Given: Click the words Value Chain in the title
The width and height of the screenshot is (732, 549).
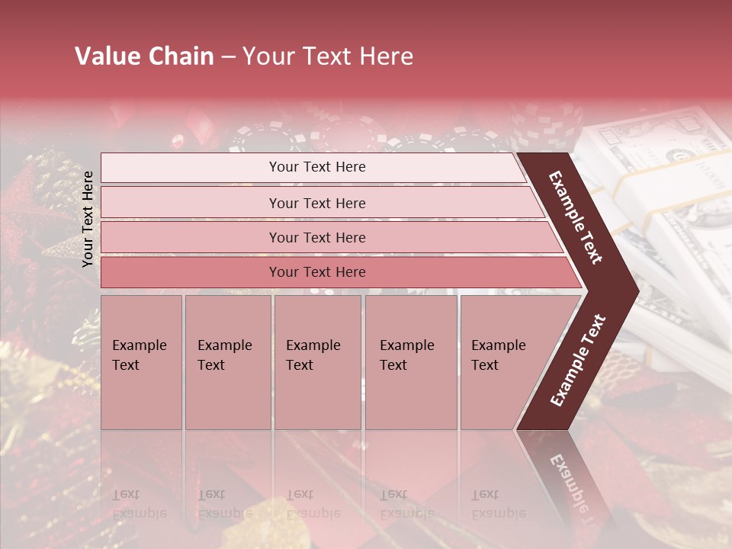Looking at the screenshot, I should (144, 56).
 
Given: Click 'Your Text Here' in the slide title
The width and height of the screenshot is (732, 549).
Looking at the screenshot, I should (328, 56).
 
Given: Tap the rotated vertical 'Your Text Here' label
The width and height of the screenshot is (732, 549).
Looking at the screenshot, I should (88, 219).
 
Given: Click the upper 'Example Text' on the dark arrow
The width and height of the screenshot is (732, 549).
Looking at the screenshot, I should (576, 217).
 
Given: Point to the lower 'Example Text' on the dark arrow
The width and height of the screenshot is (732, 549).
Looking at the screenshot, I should (577, 361).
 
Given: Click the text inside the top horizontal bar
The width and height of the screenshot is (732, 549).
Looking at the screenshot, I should (317, 167).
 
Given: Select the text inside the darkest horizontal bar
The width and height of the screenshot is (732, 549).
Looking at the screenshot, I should (317, 272).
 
